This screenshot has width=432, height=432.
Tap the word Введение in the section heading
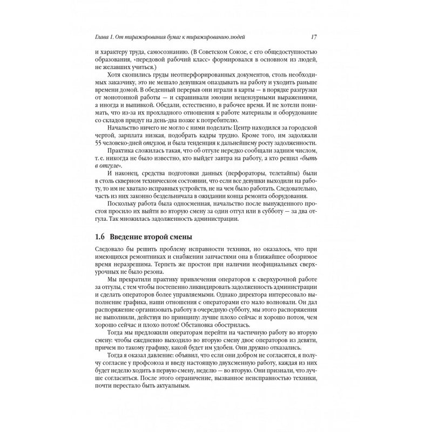(x=129, y=238)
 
